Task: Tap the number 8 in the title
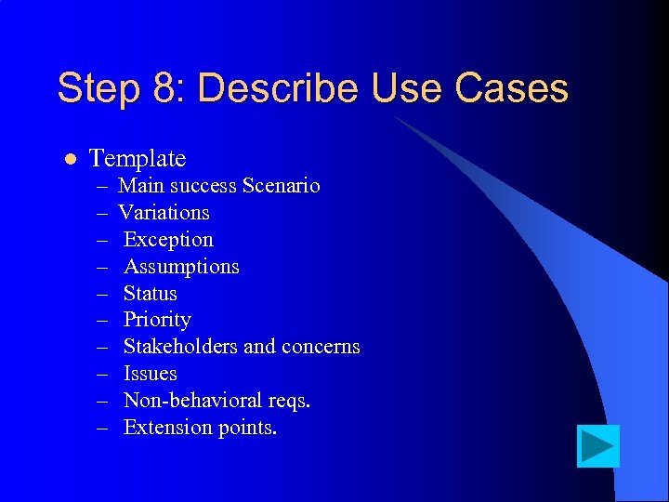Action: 166,89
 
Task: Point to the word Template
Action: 138,159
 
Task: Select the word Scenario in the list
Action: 281,186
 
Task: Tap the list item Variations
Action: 164,213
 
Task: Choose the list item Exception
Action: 168,240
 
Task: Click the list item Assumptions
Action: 181,267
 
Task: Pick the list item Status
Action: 150,294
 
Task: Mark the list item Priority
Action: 157,321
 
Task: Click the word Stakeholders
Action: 180,348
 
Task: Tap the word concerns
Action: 319,348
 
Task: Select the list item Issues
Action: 150,374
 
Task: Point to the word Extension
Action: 164,428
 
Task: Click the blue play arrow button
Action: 597,446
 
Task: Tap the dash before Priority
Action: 102,321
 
